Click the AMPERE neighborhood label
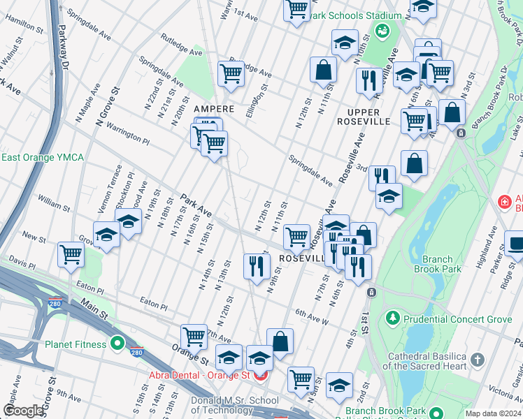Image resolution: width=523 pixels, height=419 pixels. [213, 109]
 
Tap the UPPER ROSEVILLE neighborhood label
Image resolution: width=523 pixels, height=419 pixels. [364, 117]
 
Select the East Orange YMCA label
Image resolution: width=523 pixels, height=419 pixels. [42, 158]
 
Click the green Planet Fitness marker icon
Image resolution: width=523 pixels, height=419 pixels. [117, 344]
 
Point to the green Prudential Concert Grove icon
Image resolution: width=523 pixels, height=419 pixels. [392, 319]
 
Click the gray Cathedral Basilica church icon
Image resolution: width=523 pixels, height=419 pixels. [478, 360]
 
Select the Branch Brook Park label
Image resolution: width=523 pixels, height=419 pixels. [438, 264]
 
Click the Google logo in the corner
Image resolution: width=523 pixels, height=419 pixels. [23, 411]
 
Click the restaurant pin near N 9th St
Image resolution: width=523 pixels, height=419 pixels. [257, 265]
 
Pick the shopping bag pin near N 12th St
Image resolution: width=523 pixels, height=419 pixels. [323, 69]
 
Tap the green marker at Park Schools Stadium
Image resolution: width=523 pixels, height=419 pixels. [382, 31]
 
